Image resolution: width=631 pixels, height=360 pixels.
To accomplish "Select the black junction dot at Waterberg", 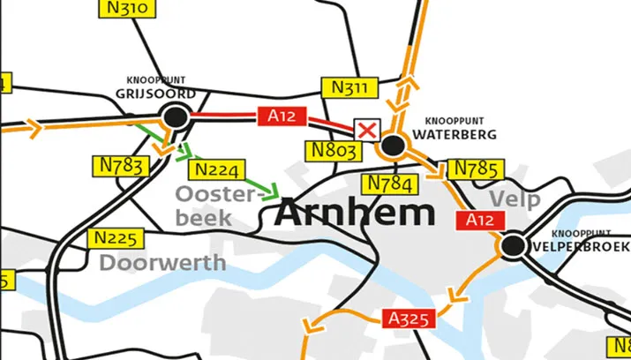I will click(x=394, y=145).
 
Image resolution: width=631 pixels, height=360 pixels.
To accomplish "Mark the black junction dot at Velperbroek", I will click(x=511, y=245).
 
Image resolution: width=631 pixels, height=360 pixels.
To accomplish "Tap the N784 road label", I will click(x=388, y=183).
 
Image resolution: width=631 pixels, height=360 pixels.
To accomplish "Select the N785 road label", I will click(x=476, y=169).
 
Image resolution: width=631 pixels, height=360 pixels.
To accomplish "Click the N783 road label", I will click(x=121, y=167).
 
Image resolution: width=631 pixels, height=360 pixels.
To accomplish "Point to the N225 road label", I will click(x=117, y=238).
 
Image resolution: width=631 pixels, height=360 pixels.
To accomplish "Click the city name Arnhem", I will click(x=356, y=213).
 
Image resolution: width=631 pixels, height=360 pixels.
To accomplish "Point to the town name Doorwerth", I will click(x=162, y=262).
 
